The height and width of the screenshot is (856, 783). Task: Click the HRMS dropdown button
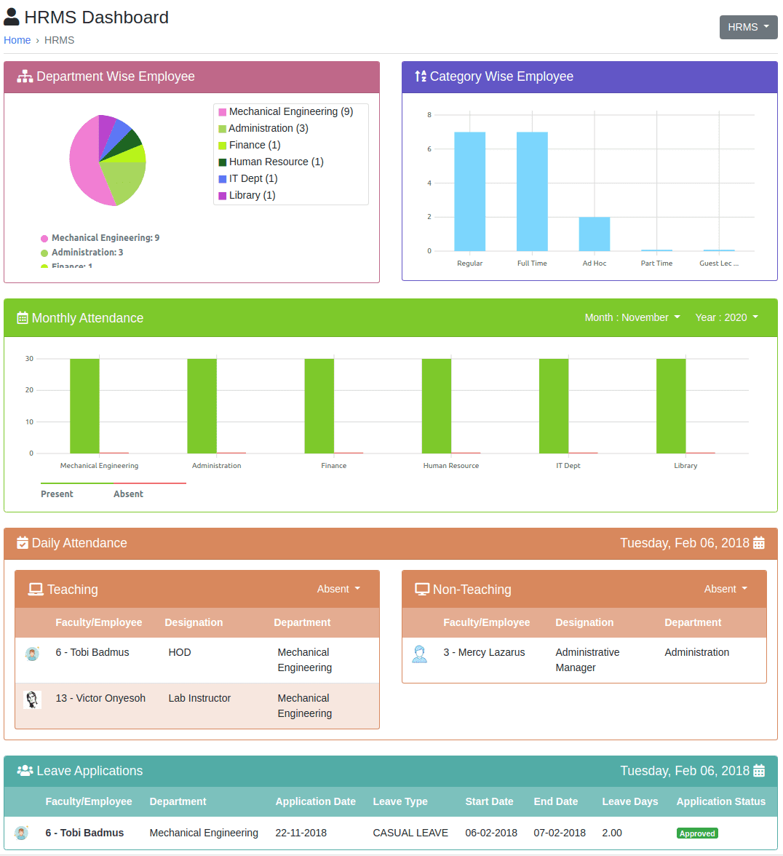click(748, 27)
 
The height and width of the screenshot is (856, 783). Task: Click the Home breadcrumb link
click(17, 40)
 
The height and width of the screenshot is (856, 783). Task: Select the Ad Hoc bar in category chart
click(595, 234)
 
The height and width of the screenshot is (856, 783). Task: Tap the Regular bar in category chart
click(469, 191)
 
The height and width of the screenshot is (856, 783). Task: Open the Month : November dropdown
click(632, 317)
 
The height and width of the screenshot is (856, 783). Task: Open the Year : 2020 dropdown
click(726, 317)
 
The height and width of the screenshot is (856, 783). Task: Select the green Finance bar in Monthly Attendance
click(319, 405)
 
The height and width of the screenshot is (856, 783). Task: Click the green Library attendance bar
click(671, 405)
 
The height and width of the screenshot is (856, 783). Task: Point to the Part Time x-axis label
click(656, 263)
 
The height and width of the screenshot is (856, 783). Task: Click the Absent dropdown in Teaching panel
click(338, 589)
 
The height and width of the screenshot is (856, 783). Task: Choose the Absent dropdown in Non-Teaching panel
click(726, 589)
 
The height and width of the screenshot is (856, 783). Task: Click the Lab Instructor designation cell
click(199, 698)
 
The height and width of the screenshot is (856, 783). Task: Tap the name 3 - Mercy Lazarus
click(484, 652)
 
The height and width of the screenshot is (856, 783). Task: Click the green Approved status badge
click(697, 833)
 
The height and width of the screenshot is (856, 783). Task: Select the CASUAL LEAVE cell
click(410, 833)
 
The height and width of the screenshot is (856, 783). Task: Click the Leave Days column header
click(629, 801)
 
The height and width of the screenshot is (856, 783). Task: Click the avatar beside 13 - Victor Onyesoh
click(32, 700)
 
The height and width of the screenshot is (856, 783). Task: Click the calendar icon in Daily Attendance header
click(759, 543)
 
